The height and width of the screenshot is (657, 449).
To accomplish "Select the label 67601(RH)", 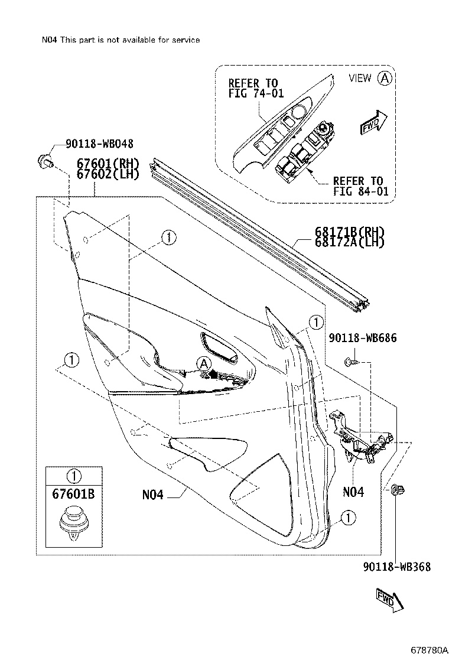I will pos(107,164).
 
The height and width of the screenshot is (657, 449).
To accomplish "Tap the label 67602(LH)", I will pos(107,174).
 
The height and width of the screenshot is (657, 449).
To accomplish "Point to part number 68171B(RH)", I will pos(350,232).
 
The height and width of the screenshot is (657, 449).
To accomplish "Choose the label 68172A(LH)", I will pos(350,242).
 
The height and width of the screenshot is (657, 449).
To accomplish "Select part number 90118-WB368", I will pos(396,567).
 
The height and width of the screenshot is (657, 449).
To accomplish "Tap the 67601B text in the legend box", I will pos(74,494).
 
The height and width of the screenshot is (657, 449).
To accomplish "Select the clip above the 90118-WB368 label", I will pos(398,490).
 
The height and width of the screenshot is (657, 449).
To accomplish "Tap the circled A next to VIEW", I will pos(385,78).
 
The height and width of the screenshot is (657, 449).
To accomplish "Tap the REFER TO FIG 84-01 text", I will pos(358,186).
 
